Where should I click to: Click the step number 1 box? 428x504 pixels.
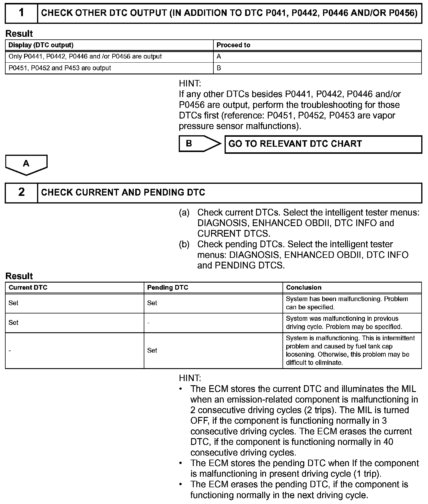[x=21, y=13]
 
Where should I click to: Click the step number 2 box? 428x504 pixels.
[x=21, y=192]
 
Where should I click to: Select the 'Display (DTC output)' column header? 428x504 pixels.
[x=41, y=45]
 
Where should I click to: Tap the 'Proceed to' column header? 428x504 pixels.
[x=233, y=45]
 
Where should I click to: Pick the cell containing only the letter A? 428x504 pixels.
[x=219, y=56]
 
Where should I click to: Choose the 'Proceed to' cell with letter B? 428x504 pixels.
[x=219, y=68]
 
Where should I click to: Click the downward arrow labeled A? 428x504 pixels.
[x=26, y=164]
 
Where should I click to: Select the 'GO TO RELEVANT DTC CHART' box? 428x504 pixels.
[x=323, y=144]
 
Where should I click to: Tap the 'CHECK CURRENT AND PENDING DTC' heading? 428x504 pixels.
[x=123, y=192]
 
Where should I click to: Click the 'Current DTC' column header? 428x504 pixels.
[x=28, y=287]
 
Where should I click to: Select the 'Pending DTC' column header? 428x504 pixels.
[x=168, y=287]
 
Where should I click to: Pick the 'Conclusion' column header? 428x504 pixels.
[x=304, y=287]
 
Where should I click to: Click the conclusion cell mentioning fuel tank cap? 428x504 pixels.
[x=352, y=350]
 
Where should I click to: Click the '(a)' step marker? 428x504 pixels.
[x=184, y=212]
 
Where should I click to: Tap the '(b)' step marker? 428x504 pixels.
[x=184, y=244]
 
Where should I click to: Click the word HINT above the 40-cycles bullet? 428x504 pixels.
[x=190, y=378]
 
